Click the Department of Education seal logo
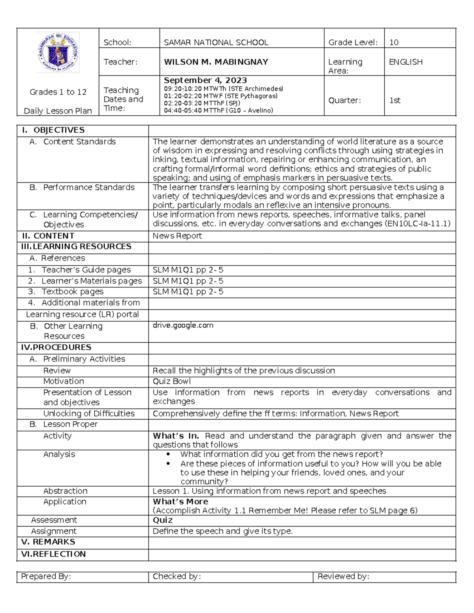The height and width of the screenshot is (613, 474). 58,52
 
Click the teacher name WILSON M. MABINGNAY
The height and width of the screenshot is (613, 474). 216,62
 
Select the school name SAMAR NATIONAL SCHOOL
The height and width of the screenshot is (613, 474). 216,42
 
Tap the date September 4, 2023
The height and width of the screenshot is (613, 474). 205,80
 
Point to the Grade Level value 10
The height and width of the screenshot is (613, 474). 393,42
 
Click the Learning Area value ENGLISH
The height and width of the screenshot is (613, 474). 406,62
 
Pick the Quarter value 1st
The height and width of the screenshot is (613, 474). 395,100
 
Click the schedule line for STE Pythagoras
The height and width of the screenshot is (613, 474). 220,96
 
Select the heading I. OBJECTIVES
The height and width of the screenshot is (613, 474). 53,130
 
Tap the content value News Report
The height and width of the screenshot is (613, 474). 177,236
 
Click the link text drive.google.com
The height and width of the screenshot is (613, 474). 183,325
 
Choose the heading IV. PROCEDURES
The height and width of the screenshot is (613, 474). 56,347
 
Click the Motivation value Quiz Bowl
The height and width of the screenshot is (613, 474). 171,381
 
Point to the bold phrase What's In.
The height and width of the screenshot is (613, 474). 176,436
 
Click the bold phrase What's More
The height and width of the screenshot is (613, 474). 180,502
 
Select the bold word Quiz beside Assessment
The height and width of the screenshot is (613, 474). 162,520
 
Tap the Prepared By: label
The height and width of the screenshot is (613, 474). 46,576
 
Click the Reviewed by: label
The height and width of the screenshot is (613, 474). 343,576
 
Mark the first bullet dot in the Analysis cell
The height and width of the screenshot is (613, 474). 169,454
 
